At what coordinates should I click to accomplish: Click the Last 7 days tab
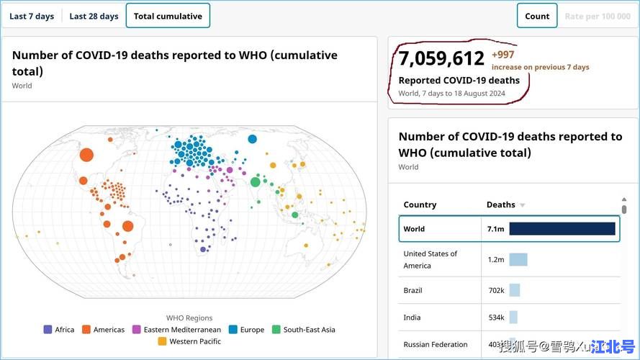point(32,16)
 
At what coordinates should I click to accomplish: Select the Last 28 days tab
point(94,16)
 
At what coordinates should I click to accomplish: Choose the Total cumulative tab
point(168,16)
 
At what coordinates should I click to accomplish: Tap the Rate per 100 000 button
point(598,16)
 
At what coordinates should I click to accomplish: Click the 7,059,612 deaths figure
point(441,58)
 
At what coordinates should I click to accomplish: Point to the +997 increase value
point(502,55)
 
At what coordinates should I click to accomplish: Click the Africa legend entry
point(59,330)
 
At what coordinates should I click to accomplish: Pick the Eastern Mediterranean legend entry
point(176,330)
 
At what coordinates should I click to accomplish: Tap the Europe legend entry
point(245,330)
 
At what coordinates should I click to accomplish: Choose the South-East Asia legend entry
point(303,330)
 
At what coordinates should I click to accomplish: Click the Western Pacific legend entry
point(190,341)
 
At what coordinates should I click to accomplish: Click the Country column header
point(420,204)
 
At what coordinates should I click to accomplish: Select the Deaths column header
point(501,204)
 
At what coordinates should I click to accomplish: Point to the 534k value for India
point(496,318)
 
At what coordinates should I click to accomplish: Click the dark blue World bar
point(562,229)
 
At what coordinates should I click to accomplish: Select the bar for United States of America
point(518,259)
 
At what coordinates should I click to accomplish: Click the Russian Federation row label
point(435,344)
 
